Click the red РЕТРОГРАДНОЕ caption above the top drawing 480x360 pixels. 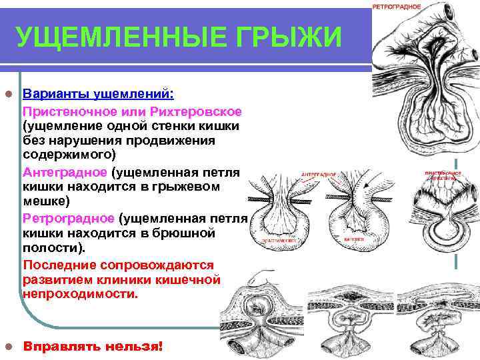coord(397,6)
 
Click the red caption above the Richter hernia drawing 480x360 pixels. coord(442,175)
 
